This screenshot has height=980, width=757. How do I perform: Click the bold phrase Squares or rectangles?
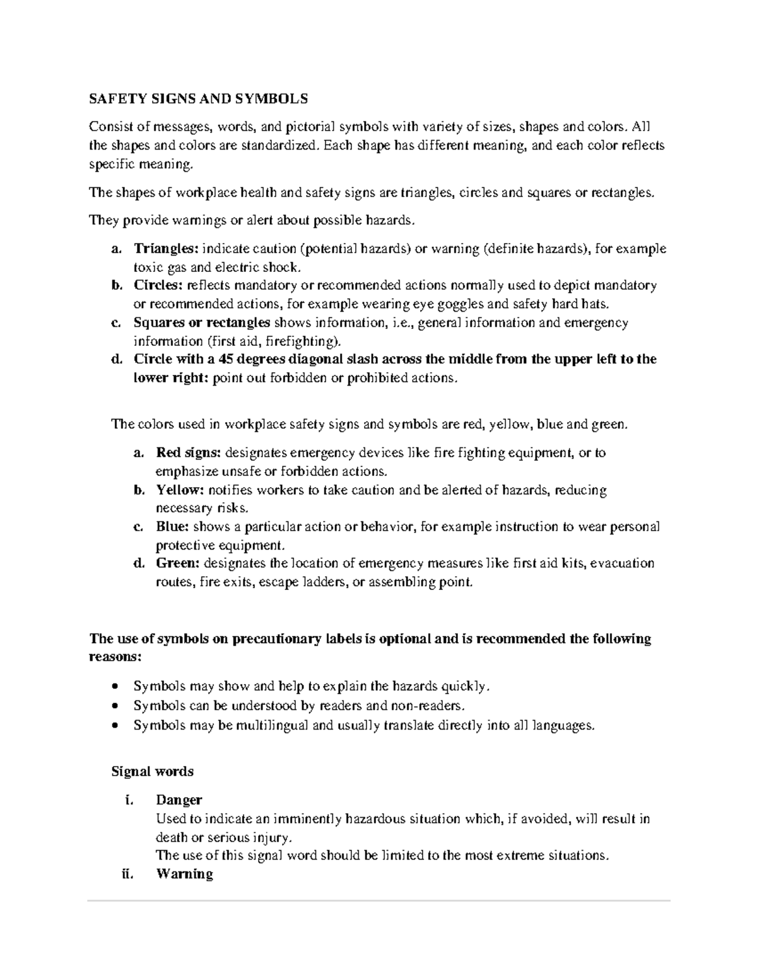(x=202, y=322)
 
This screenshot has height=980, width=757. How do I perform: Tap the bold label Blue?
(x=172, y=526)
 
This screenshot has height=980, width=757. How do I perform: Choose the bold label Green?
(x=178, y=563)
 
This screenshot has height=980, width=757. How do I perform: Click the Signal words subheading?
(x=152, y=771)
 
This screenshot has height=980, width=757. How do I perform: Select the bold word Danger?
(x=179, y=800)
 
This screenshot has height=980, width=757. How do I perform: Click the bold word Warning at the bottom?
(x=184, y=874)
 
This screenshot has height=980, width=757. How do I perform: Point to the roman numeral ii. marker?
(x=127, y=874)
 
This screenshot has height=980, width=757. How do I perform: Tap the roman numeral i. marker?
(x=129, y=800)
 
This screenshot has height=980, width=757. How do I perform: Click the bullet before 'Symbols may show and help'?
(x=114, y=687)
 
